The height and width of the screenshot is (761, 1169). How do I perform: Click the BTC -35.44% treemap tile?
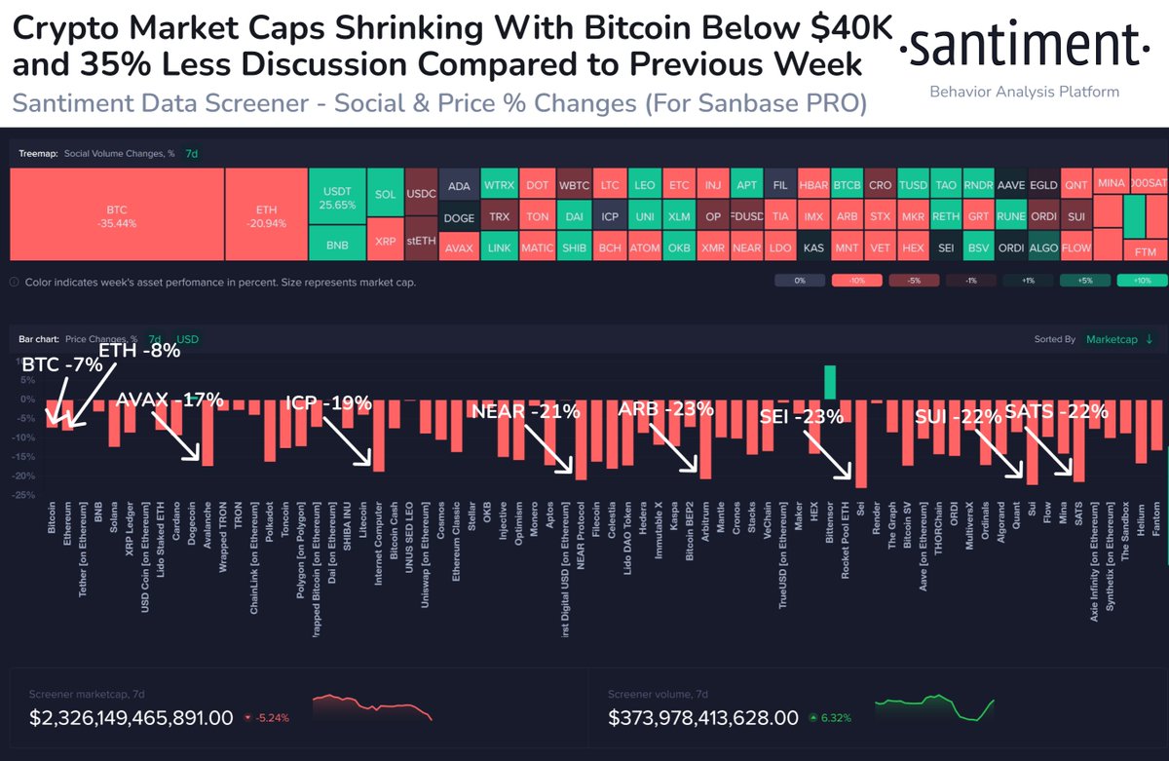coord(117,214)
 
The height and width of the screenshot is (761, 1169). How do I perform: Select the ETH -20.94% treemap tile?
coord(266,214)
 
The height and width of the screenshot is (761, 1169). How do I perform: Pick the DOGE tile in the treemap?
coord(459,218)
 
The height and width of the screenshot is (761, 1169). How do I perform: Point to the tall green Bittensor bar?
coord(830,382)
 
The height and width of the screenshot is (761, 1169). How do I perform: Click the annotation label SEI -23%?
coord(801,419)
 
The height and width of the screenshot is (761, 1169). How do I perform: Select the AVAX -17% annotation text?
coord(170,400)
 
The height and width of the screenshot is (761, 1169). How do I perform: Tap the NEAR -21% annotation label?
coord(525,412)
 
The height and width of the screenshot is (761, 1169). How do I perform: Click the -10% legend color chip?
coord(854,281)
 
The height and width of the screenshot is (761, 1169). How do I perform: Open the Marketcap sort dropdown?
coord(1120,339)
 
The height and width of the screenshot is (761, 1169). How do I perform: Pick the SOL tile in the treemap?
coord(385,194)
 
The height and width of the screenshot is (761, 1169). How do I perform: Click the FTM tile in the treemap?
coord(1146,252)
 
